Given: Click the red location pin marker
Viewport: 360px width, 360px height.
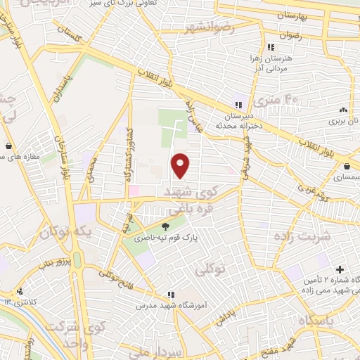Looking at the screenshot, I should [x=181, y=165].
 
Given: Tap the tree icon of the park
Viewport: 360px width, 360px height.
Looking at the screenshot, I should [x=165, y=226].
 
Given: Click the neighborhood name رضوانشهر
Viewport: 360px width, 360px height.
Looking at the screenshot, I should [x=209, y=28].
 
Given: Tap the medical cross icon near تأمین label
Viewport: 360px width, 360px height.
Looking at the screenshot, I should [x=340, y=269].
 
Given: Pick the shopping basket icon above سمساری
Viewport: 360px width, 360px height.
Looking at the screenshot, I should [x=349, y=167].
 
